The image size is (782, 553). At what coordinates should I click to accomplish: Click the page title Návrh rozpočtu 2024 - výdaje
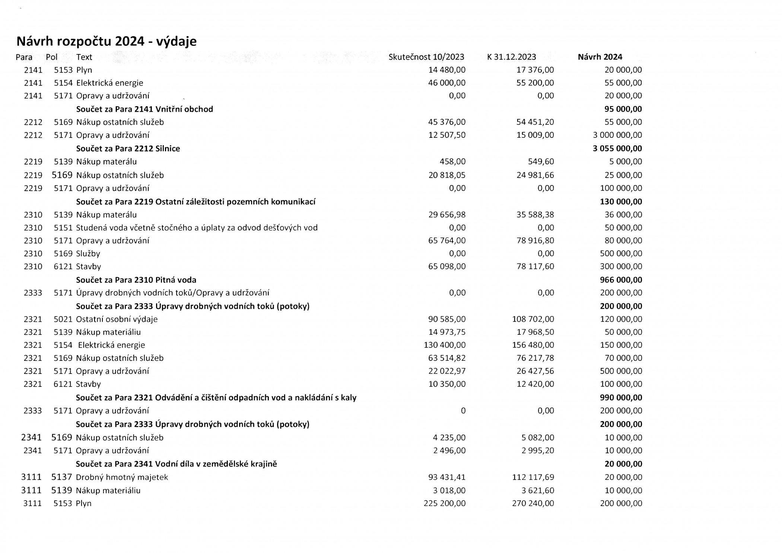107,41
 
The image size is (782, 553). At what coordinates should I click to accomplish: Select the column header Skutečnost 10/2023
426,57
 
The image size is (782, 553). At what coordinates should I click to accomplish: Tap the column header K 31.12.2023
511,57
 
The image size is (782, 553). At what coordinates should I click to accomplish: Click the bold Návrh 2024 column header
600,57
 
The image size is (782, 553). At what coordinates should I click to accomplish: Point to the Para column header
24,57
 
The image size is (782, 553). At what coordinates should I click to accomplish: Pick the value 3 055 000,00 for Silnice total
617,149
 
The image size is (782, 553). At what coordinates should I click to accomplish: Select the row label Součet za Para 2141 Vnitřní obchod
144,109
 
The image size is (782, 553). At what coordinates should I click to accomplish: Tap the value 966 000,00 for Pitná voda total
621,280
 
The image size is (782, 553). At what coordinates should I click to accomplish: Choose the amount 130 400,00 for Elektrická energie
445,345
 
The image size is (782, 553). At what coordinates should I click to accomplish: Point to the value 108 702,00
533,319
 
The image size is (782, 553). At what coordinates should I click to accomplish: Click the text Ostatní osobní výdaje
117,319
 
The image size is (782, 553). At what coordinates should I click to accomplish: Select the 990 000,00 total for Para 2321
621,398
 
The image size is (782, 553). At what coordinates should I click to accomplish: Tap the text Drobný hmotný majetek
122,477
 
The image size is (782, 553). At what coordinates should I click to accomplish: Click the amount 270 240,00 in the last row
533,503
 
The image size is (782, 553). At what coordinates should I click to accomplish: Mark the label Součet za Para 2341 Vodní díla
176,464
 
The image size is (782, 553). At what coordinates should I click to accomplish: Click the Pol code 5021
63,319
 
